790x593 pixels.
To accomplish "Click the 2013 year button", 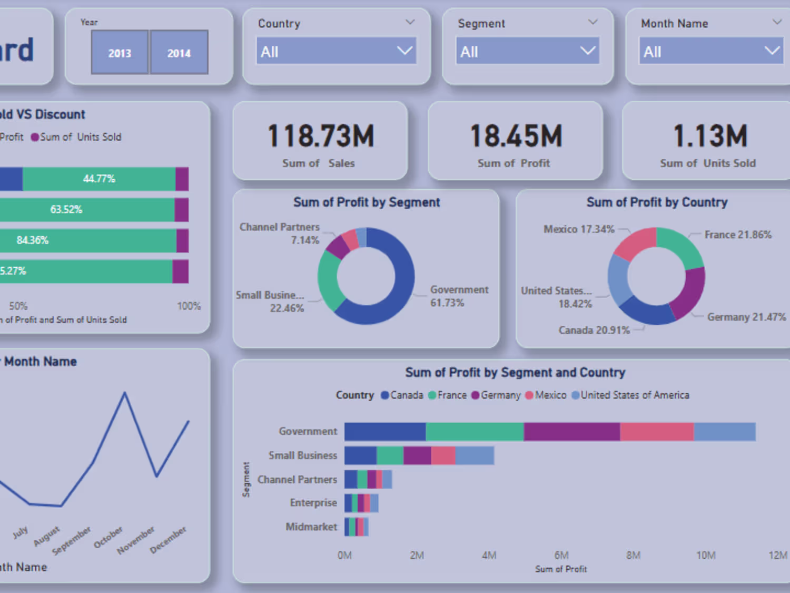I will point(120,52).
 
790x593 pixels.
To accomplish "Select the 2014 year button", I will point(179,52).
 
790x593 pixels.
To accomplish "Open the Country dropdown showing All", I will point(336,51).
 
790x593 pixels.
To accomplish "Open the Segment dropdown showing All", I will point(527,51).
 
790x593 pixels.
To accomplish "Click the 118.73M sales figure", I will point(321,136).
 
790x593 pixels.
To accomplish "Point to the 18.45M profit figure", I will point(516,136).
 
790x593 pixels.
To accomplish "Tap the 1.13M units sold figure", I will point(710,136).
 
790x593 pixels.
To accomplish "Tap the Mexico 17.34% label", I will point(579,229).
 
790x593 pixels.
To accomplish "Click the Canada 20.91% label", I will point(594,330).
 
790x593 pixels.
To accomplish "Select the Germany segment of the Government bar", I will point(571,432).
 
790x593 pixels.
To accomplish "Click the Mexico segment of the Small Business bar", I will point(443,455).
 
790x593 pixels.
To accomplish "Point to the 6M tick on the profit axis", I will point(561,555).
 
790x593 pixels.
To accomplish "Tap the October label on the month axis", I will point(108,537).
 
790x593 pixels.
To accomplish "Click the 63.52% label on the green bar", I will point(66,209).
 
